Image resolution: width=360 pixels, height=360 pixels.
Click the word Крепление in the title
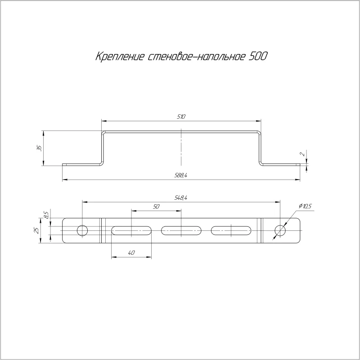pos(120,57)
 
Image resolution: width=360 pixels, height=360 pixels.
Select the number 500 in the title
pos(258,56)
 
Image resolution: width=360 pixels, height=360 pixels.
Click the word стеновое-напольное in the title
pos(196,57)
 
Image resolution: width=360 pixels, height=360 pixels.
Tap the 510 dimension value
pos(181,117)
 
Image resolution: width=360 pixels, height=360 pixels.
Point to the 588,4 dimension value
pos(181,175)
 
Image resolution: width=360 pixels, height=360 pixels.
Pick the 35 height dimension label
pos(39,148)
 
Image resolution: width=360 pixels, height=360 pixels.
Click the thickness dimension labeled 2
pos(303,154)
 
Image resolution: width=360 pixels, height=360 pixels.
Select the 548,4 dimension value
pos(181,198)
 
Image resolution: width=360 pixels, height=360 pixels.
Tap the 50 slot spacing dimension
pos(156,207)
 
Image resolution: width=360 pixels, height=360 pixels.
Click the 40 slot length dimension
pos(131,253)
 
